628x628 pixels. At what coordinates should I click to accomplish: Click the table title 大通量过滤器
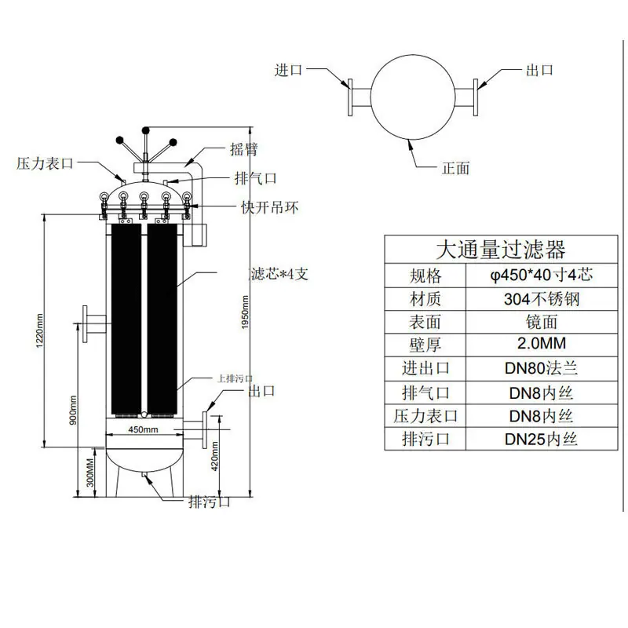(x=501, y=249)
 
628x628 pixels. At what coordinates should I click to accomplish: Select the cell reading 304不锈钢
(x=542, y=299)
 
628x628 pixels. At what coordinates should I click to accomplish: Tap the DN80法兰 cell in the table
(x=541, y=368)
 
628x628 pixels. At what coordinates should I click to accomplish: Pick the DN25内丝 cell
(x=541, y=439)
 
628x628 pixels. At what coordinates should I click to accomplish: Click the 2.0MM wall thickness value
(x=542, y=343)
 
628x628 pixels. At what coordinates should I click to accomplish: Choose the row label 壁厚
(x=425, y=345)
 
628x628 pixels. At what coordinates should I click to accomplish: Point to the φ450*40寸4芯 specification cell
(x=542, y=275)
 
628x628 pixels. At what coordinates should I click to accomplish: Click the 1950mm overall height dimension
(x=245, y=312)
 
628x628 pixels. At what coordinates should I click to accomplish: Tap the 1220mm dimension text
(x=40, y=330)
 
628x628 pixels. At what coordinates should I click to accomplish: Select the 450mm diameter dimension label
(x=143, y=429)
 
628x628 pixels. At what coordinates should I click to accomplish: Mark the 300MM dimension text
(x=90, y=473)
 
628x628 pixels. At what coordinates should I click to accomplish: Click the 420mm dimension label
(x=214, y=456)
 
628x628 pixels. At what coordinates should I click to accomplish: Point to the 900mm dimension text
(x=73, y=410)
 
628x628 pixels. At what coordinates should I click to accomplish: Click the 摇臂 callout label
(x=244, y=149)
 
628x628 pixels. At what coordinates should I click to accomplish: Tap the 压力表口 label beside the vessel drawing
(x=45, y=163)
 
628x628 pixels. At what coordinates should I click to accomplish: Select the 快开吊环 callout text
(x=270, y=207)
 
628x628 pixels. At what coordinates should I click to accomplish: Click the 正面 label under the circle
(x=456, y=168)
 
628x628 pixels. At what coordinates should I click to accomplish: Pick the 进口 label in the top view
(x=288, y=70)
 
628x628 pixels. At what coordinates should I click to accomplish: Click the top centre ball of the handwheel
(x=146, y=130)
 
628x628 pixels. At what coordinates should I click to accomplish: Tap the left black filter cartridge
(x=126, y=319)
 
